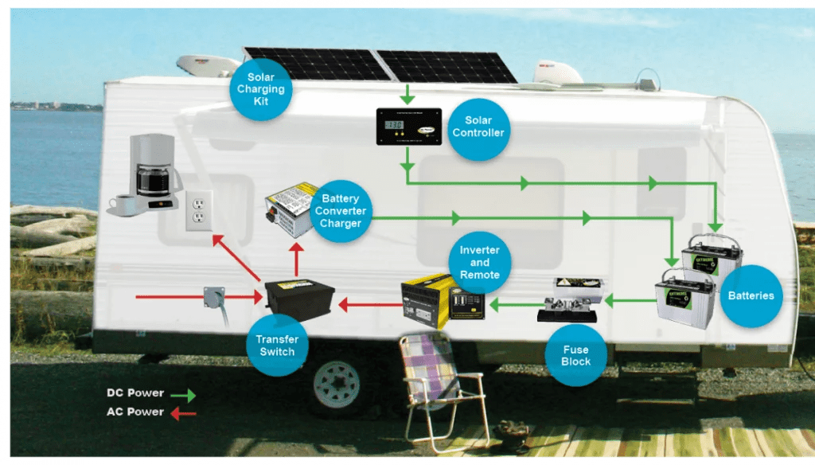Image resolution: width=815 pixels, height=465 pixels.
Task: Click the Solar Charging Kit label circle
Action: (261, 89)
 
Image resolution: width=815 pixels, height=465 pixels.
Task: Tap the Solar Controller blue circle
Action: (478, 127)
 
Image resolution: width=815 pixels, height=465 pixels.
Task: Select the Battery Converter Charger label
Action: (340, 211)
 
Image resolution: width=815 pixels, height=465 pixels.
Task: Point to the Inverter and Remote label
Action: (480, 263)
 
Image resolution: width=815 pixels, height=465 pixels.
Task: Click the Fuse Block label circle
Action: (575, 355)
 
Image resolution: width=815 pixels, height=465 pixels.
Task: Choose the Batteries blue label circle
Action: (751, 295)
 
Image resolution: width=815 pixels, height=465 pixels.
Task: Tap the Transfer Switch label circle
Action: (277, 346)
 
